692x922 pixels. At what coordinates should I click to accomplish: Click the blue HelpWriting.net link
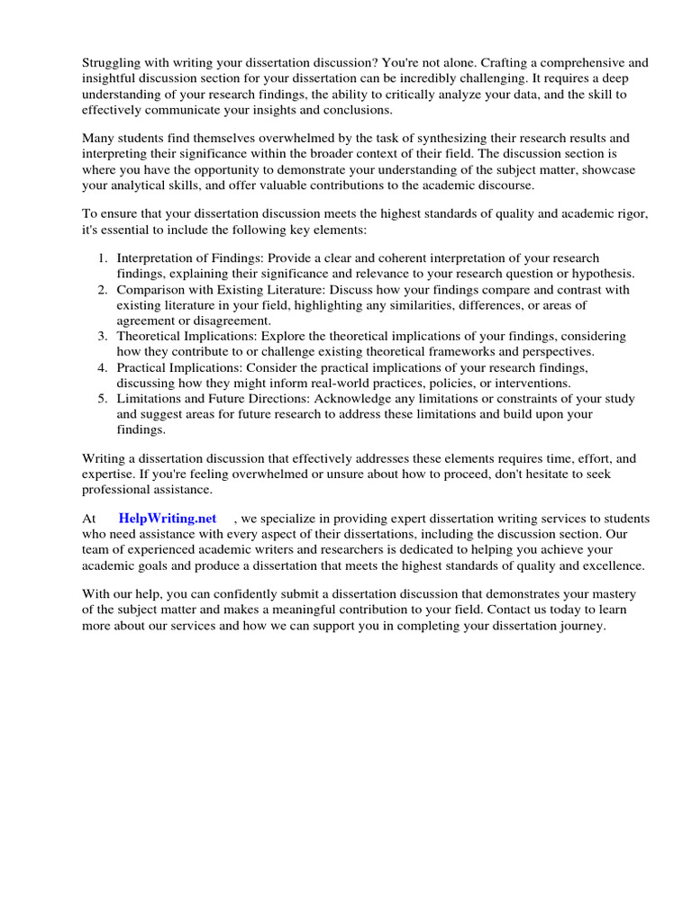(168, 519)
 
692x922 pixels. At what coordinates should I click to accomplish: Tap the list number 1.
(103, 258)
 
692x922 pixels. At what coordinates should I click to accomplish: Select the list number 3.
(103, 336)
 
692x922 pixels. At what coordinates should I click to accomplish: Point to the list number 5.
(103, 399)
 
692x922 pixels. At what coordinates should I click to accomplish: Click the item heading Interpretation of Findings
(188, 258)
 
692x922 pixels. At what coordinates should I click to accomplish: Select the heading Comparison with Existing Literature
(221, 290)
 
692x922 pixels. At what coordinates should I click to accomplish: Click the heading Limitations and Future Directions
(225, 399)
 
